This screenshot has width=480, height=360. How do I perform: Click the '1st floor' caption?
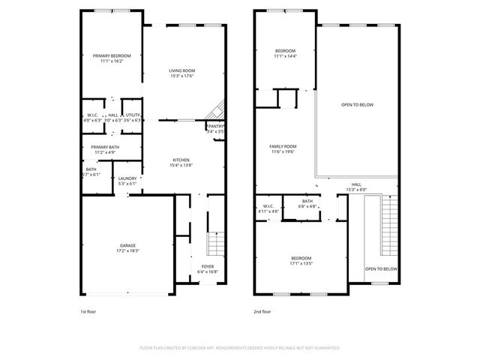point(88,311)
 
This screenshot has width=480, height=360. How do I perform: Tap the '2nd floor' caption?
point(262,311)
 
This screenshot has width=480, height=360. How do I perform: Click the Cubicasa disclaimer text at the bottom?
point(240,348)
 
